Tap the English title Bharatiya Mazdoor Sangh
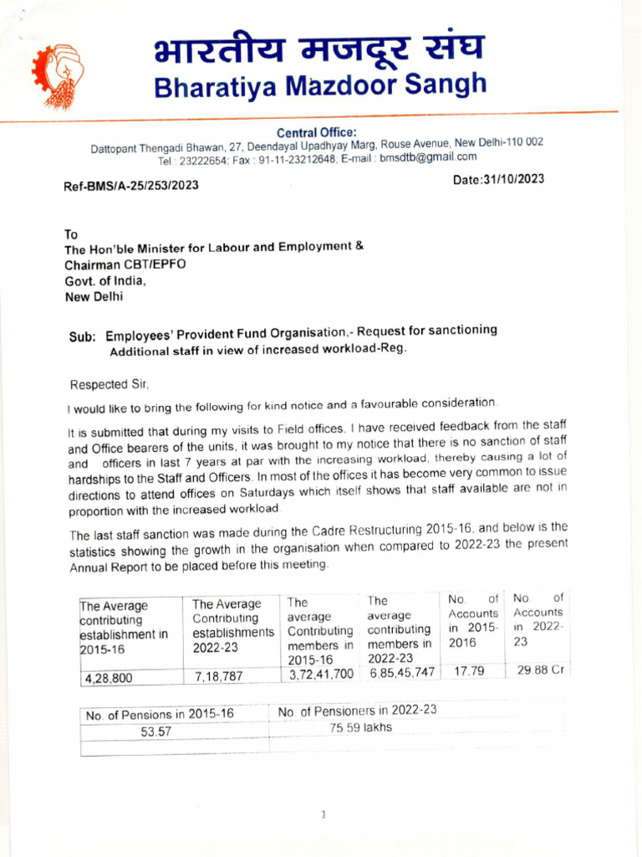pyautogui.click(x=319, y=85)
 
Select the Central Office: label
pyautogui.click(x=316, y=132)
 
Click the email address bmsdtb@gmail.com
pyautogui.click(x=429, y=157)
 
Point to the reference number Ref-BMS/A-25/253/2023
pyautogui.click(x=131, y=185)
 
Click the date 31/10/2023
pyautogui.click(x=498, y=180)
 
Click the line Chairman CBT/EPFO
pyautogui.click(x=125, y=264)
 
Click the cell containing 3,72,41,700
pyautogui.click(x=320, y=674)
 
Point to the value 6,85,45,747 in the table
pyautogui.click(x=402, y=672)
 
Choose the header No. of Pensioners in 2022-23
pyautogui.click(x=358, y=711)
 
